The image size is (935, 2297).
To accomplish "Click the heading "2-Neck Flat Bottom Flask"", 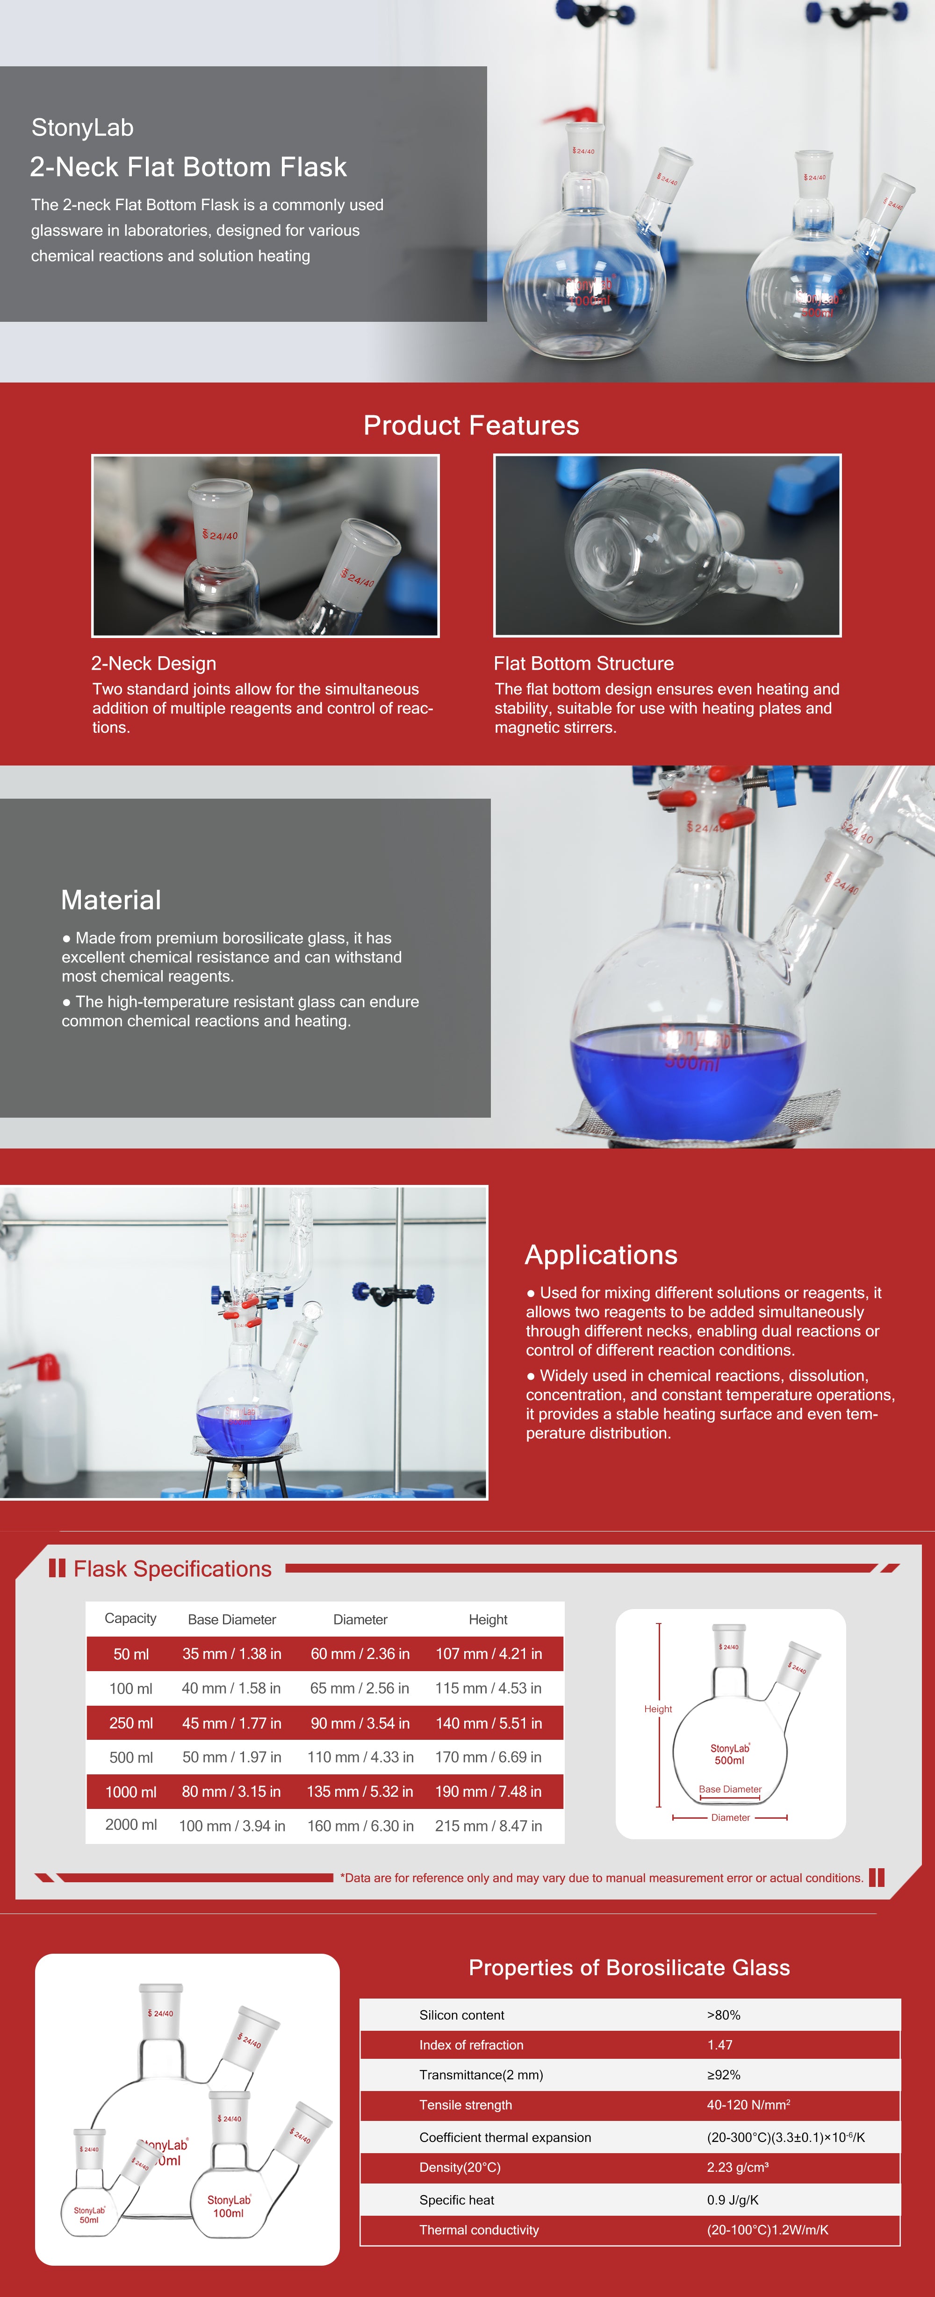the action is pyautogui.click(x=188, y=167).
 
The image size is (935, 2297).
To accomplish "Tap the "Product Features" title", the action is pyautogui.click(x=471, y=425).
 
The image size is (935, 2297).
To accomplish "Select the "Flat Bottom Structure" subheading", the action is pyautogui.click(x=583, y=663).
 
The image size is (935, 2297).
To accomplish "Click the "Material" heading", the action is pyautogui.click(x=111, y=900).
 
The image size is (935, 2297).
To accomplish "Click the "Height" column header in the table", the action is pyautogui.click(x=488, y=1619).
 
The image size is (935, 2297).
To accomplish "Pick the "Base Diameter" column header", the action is pyautogui.click(x=232, y=1619).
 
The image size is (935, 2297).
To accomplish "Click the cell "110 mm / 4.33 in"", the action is pyautogui.click(x=360, y=1757).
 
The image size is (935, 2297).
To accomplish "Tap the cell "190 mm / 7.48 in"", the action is pyautogui.click(x=488, y=1792).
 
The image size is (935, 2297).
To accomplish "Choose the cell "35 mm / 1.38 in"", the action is pyautogui.click(x=232, y=1653).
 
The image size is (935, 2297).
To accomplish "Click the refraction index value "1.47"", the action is pyautogui.click(x=720, y=2045).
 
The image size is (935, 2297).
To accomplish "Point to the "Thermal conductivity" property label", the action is pyautogui.click(x=479, y=2229).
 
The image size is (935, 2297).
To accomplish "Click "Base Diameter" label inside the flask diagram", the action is pyautogui.click(x=730, y=1789).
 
